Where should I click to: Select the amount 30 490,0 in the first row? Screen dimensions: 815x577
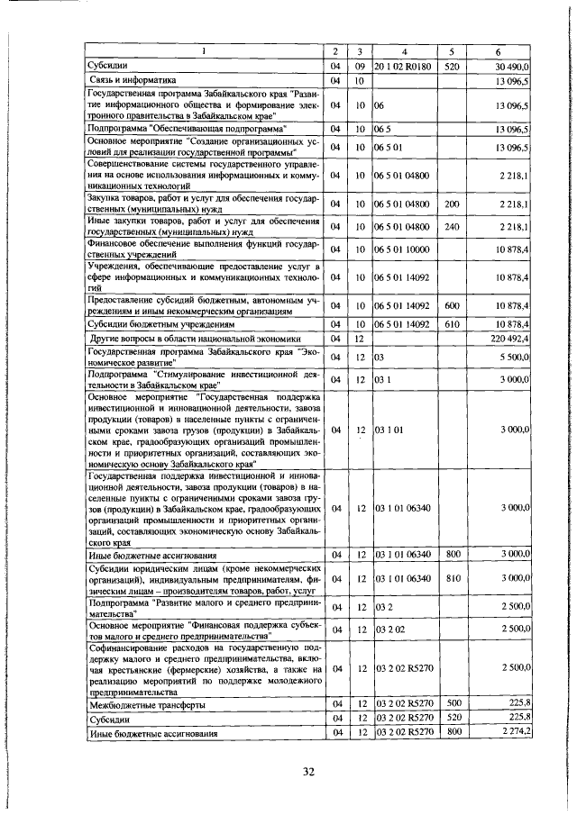click(513, 67)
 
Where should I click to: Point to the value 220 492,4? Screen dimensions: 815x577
click(511, 338)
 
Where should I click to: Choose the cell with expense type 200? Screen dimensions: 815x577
click(453, 205)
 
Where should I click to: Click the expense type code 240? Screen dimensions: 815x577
click(453, 227)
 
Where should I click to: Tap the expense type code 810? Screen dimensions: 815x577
click(453, 577)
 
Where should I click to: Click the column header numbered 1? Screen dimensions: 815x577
click(203, 52)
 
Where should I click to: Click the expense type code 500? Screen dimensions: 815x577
click(453, 702)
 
